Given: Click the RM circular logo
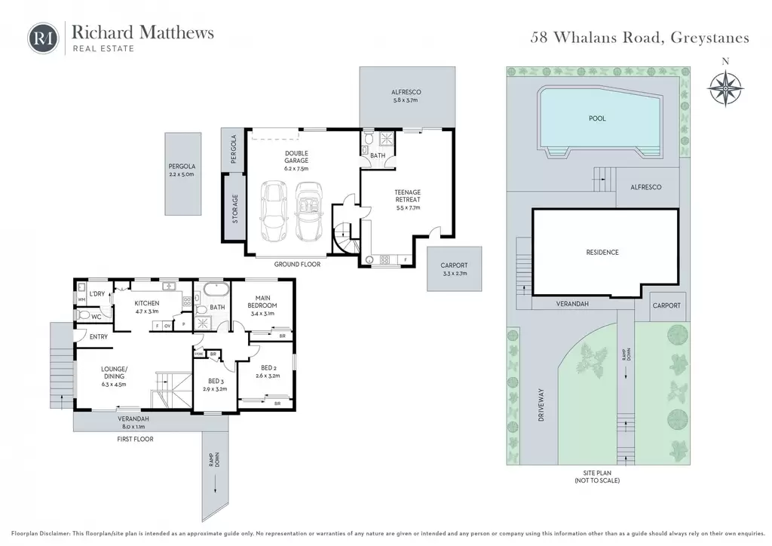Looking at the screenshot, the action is coord(43,38).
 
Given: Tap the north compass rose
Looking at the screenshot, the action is coord(725,89).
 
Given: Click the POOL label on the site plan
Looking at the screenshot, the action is coord(597,118).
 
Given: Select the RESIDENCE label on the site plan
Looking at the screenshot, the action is coord(602,252).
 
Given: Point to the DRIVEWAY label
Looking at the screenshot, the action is coord(541,405).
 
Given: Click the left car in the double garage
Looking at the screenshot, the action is coord(273,211).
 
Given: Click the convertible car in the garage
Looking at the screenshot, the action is coord(308,212).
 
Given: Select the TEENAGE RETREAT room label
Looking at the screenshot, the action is coord(408,196).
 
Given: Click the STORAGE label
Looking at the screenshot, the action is coord(235,209).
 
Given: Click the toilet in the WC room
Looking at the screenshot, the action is coord(84,315).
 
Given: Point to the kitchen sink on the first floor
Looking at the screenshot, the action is coord(170,286).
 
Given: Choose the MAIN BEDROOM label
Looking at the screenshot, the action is coord(262,302).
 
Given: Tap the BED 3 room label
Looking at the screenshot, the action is coord(216,381).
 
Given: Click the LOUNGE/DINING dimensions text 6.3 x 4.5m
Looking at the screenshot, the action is coord(114,385).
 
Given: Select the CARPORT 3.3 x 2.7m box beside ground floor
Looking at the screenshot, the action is coord(454,268).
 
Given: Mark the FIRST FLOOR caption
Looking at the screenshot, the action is coord(135,439).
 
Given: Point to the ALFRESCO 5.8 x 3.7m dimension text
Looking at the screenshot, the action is coord(405,100).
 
